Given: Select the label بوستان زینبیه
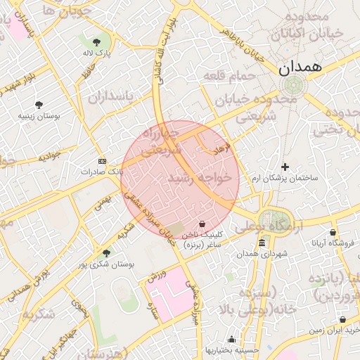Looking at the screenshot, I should (39, 116).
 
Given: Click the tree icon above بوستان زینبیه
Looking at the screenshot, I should (39, 105).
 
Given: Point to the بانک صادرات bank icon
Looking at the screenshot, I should (102, 160).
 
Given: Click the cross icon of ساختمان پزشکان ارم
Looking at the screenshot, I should (285, 167).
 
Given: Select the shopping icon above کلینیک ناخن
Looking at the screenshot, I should (202, 224).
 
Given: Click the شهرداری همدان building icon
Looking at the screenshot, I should (262, 243).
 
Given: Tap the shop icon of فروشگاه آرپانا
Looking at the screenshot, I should (333, 232).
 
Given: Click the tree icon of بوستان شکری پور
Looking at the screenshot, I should (106, 253).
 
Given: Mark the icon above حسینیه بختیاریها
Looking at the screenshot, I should (232, 340).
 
